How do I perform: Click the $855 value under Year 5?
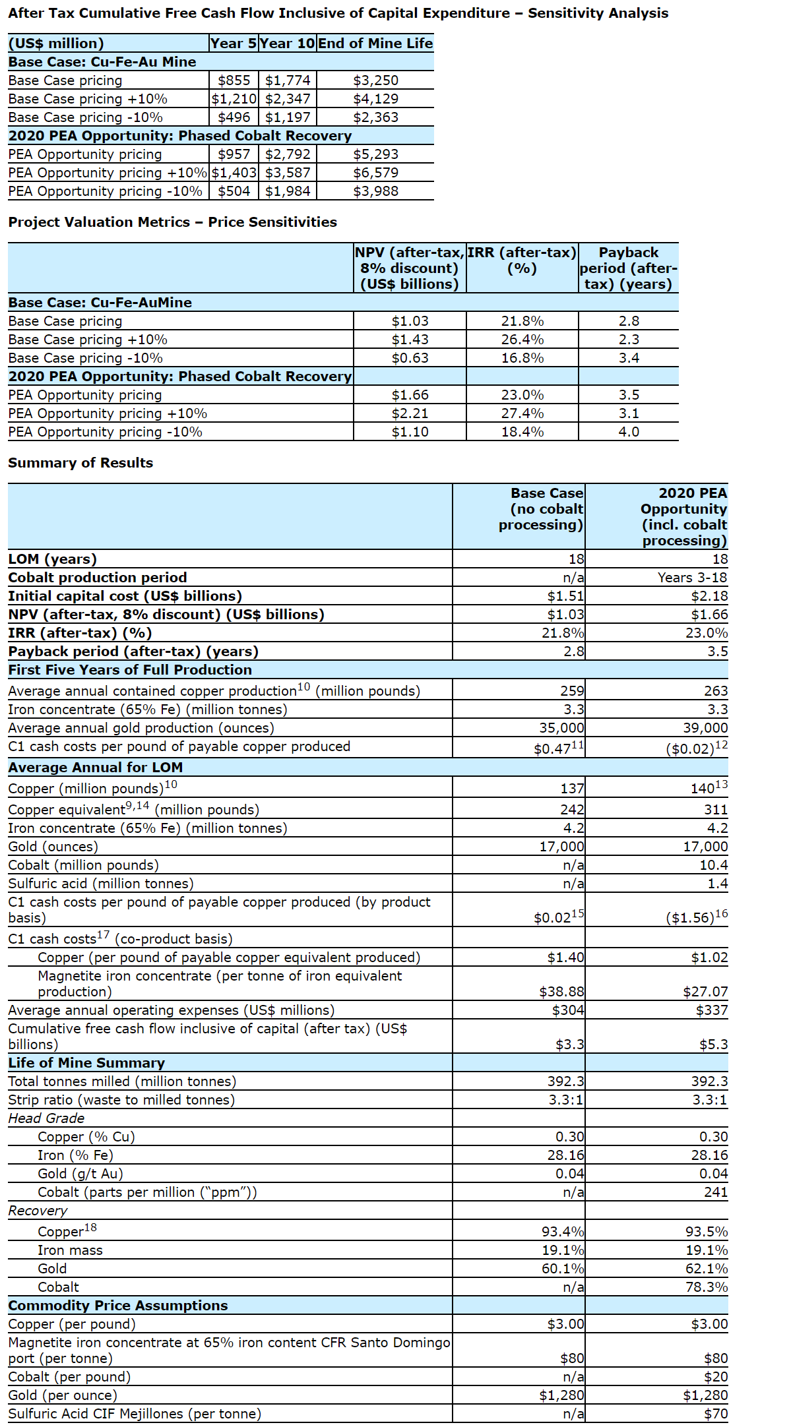[234, 80]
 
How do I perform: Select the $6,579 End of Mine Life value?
[375, 173]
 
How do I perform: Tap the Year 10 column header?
[287, 44]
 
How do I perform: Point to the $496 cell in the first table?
[234, 117]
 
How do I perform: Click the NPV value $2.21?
[410, 413]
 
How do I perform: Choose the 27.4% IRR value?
[522, 413]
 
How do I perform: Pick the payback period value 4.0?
[628, 432]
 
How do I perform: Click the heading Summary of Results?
[80, 463]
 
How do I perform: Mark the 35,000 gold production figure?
[561, 728]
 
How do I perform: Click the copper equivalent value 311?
[716, 810]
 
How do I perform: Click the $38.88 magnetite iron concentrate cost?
[561, 992]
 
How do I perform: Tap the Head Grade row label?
[46, 1118]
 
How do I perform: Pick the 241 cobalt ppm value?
[716, 1192]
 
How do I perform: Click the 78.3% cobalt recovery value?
[707, 1287]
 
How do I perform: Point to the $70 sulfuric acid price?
[716, 1414]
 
